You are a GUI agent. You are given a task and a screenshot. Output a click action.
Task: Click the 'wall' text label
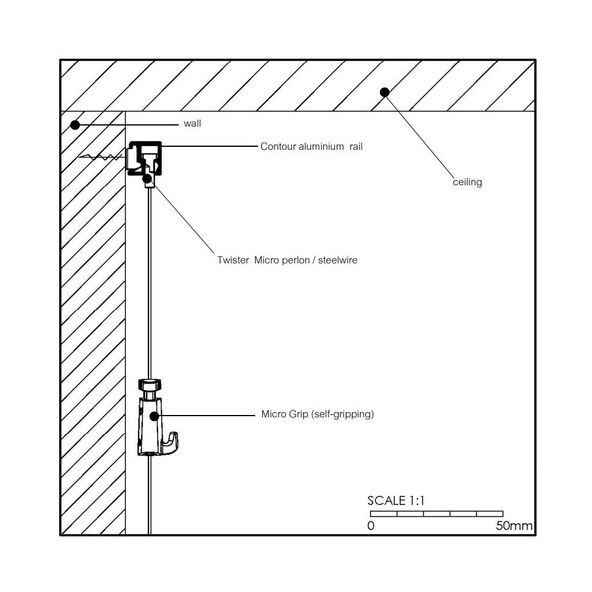pyautogui.click(x=192, y=124)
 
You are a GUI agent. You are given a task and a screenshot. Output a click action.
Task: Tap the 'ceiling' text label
pyautogui.click(x=467, y=182)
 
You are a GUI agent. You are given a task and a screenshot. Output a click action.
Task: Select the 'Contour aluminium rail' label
pyautogui.click(x=311, y=146)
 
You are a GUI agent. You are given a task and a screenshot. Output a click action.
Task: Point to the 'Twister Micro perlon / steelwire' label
pyautogui.click(x=287, y=260)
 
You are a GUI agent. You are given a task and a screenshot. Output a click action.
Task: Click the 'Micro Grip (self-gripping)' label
pyautogui.click(x=317, y=414)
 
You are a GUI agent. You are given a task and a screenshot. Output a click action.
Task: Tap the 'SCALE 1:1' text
pyautogui.click(x=396, y=501)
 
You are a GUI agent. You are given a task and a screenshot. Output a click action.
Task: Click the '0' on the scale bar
pyautogui.click(x=371, y=526)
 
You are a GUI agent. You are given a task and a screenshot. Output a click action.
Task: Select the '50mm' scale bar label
pyautogui.click(x=514, y=526)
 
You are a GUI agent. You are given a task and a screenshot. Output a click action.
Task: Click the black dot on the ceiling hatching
pyautogui.click(x=384, y=92)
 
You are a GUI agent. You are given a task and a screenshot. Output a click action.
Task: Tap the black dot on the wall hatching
pyautogui.click(x=75, y=124)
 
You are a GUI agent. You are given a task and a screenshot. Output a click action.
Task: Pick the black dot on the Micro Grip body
pyautogui.click(x=154, y=416)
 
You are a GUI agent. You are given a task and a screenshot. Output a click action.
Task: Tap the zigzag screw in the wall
pyautogui.click(x=101, y=158)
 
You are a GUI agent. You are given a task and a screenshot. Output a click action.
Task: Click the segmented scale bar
pyautogui.click(x=436, y=514)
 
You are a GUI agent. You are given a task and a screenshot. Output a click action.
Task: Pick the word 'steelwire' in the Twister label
pyautogui.click(x=337, y=260)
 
